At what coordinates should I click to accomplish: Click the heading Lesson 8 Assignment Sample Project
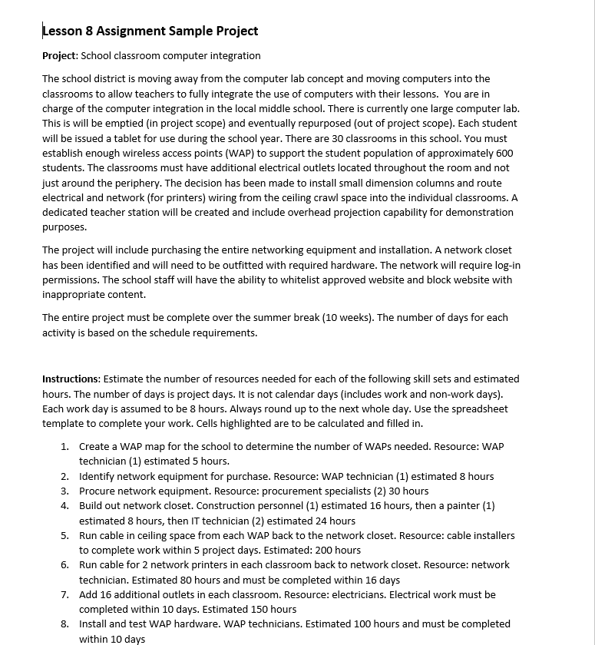pos(150,31)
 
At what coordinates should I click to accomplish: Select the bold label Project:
pos(60,56)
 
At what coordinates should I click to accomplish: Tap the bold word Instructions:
pos(71,379)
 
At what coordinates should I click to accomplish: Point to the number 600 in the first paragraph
pos(504,153)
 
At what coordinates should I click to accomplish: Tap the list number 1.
pos(64,446)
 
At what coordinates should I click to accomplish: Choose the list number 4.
pos(64,506)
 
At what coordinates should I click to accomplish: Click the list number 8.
pos(64,624)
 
